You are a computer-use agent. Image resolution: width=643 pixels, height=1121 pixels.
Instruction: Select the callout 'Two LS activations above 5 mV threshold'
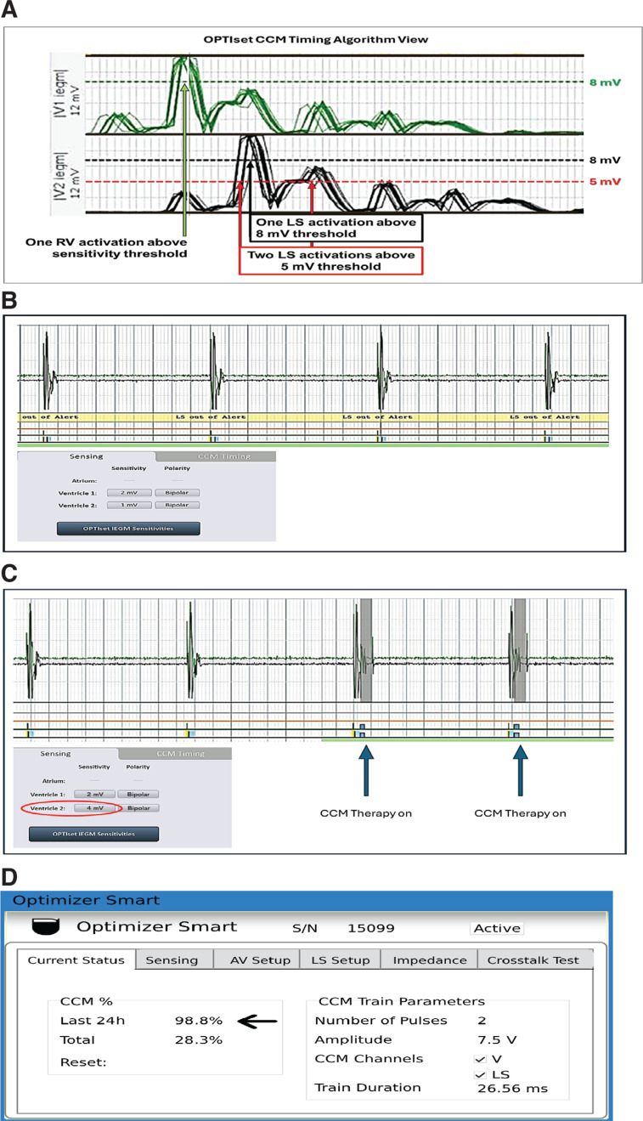coord(331,261)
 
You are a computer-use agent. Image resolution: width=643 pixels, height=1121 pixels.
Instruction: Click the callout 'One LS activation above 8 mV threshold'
coord(337,228)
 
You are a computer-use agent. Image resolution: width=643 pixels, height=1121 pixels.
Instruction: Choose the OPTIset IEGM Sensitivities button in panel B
coord(128,529)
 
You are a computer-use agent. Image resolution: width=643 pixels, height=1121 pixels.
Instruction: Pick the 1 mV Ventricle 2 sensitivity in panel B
coord(129,505)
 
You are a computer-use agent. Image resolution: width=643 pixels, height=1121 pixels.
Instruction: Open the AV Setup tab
coord(260,960)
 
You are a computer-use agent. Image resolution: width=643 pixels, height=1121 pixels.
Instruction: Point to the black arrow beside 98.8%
coord(260,1020)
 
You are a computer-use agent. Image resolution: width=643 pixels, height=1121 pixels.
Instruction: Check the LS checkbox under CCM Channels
coord(481,1074)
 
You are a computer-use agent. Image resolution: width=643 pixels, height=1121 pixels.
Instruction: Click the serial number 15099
coord(372,927)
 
